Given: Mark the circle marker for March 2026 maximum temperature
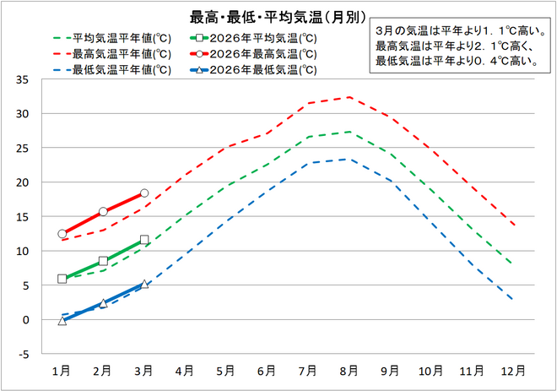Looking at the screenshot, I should point(144,193).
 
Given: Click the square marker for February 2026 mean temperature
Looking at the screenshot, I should point(103,261).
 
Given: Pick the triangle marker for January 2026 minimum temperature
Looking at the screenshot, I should point(62,321).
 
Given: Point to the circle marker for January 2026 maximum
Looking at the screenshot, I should point(62,233).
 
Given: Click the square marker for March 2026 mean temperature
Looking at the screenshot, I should point(144,240).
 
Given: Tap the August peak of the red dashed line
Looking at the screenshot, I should point(349,97).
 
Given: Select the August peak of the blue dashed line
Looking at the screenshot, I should point(349,159).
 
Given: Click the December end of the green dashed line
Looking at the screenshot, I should point(512,264).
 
